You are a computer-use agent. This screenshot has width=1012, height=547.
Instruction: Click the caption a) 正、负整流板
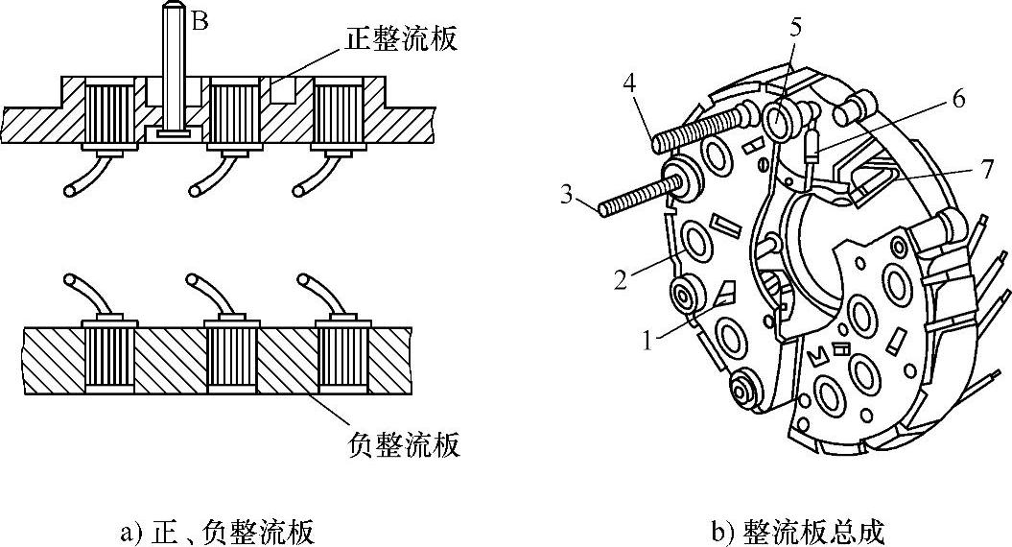coord(217,530)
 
